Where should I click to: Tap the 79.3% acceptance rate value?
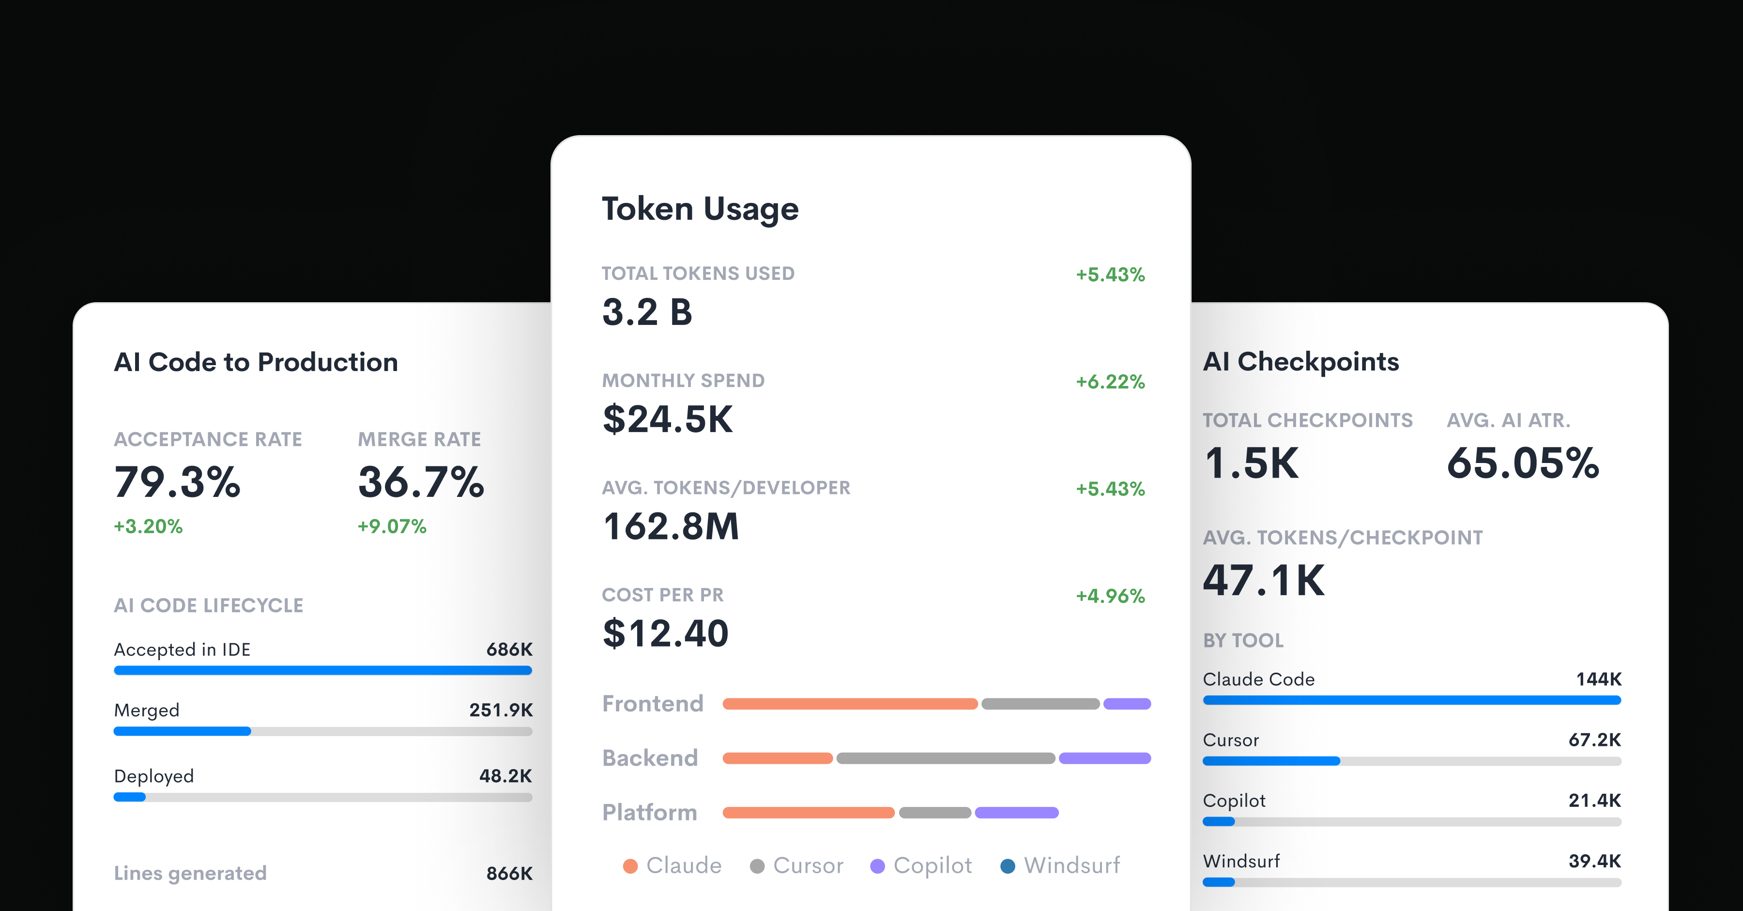tap(177, 482)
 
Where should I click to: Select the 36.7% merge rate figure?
tap(421, 482)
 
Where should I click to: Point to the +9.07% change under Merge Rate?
tap(392, 526)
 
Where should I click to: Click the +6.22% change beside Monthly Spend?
tap(1110, 382)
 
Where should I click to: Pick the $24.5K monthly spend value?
tap(667, 419)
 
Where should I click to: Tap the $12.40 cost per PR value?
tap(665, 633)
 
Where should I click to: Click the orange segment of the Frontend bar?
tap(850, 704)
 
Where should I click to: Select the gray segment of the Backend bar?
tap(945, 758)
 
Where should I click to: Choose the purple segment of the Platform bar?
tap(1016, 812)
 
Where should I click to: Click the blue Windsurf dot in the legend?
tap(1008, 866)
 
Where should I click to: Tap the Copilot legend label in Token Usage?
tap(933, 865)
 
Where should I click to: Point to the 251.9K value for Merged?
tap(501, 710)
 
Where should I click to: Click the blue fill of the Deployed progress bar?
tap(130, 797)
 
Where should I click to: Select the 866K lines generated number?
tap(509, 873)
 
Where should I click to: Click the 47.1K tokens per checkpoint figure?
tap(1263, 580)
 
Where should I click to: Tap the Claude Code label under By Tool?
tap(1258, 679)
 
